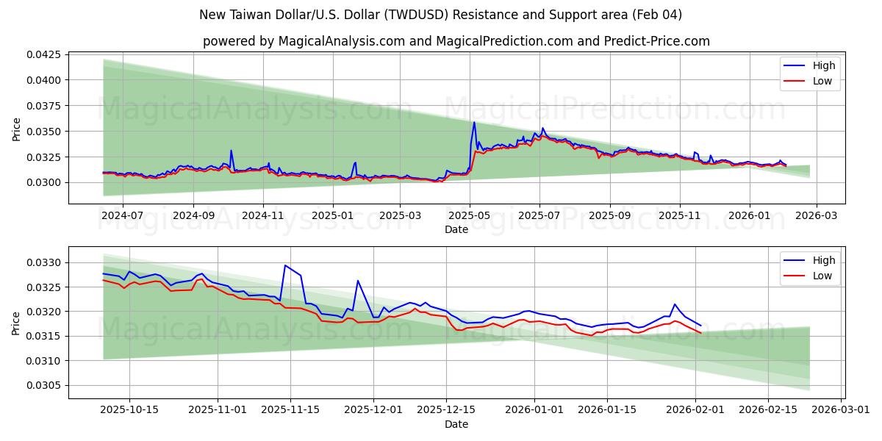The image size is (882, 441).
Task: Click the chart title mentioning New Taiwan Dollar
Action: [440, 15]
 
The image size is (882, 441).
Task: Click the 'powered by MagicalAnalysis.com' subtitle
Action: [456, 41]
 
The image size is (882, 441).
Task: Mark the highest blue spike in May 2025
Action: [474, 122]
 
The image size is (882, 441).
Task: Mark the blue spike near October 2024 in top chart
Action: [231, 151]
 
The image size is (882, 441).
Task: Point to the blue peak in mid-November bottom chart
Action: [285, 265]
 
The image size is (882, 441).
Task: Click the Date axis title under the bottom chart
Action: [456, 424]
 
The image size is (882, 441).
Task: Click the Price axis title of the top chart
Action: [16, 129]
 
